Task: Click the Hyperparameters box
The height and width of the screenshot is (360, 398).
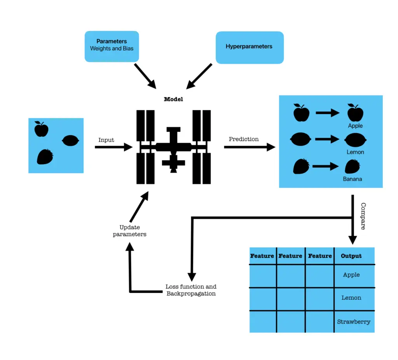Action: pyautogui.click(x=250, y=47)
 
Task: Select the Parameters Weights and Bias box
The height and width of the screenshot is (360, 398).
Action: pyautogui.click(x=112, y=46)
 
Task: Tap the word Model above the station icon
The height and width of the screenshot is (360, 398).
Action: pyautogui.click(x=173, y=99)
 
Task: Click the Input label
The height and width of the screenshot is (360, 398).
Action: pyautogui.click(x=106, y=140)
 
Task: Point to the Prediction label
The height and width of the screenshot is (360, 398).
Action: pyautogui.click(x=244, y=139)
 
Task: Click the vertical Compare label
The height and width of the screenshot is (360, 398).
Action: pyautogui.click(x=363, y=216)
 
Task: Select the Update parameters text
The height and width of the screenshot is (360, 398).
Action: pyautogui.click(x=129, y=231)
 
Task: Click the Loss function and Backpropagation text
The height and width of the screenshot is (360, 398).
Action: pyautogui.click(x=191, y=290)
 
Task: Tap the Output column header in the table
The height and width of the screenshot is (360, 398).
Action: pyautogui.click(x=351, y=256)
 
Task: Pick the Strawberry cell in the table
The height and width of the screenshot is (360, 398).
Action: pyautogui.click(x=354, y=322)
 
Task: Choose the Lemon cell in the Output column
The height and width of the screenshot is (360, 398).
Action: pyautogui.click(x=351, y=298)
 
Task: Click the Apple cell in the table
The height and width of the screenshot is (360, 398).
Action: pyautogui.click(x=351, y=275)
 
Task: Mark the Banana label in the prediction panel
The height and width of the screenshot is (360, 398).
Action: pyautogui.click(x=352, y=179)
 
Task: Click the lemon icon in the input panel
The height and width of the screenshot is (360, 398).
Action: pyautogui.click(x=71, y=140)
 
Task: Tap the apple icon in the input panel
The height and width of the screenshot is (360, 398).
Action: pyautogui.click(x=41, y=129)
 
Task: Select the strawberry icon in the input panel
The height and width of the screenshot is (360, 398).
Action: pyautogui.click(x=45, y=157)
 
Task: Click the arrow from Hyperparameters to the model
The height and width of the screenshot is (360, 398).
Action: pyautogui.click(x=199, y=76)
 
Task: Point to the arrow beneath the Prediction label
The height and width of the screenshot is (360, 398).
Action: pyautogui.click(x=249, y=147)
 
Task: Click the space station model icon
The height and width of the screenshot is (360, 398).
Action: pyautogui.click(x=173, y=147)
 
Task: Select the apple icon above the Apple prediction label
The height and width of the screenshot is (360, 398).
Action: pyautogui.click(x=355, y=113)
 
